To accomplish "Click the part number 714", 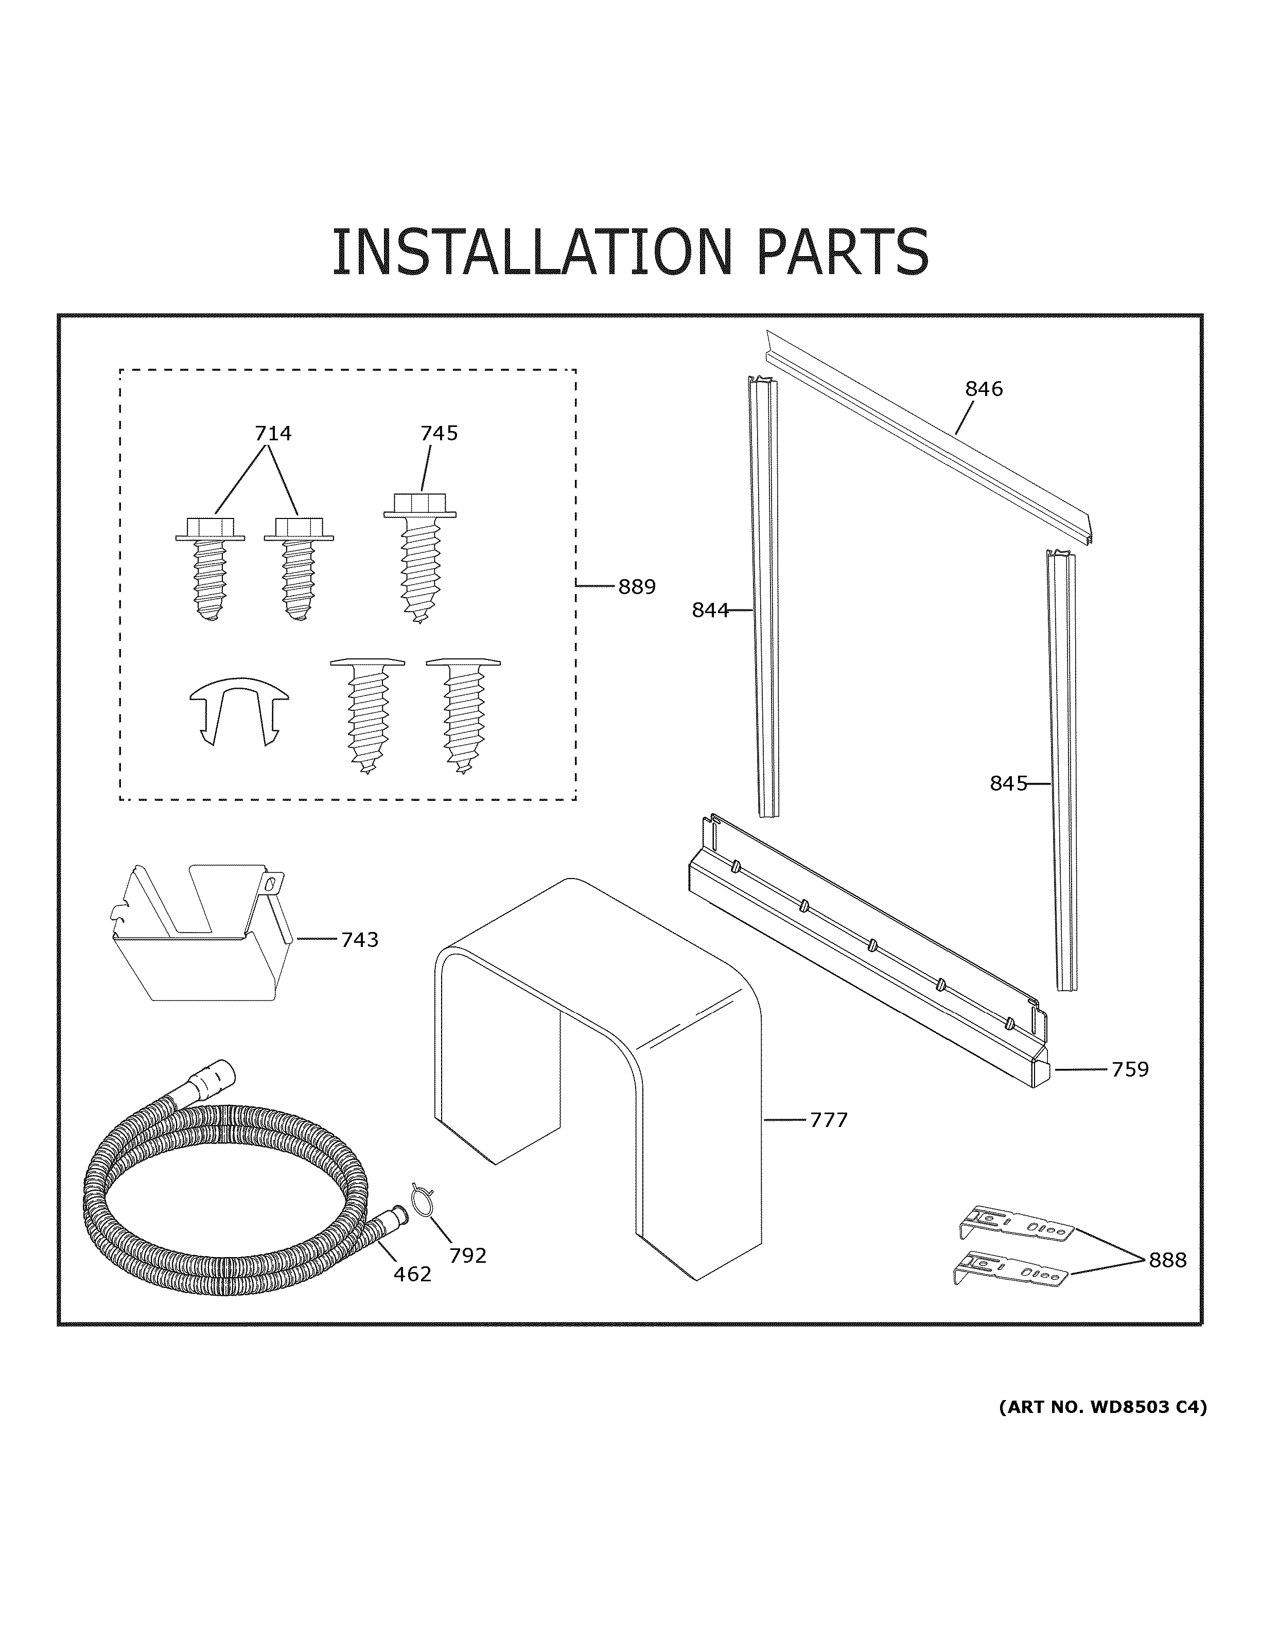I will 273,434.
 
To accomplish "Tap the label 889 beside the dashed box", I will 637,587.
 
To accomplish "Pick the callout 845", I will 1008,783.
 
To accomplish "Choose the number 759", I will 1130,1069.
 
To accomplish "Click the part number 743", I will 360,940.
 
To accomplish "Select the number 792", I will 468,1256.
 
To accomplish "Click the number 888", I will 1167,1260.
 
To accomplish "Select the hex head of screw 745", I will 419,504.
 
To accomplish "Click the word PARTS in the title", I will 843,252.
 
